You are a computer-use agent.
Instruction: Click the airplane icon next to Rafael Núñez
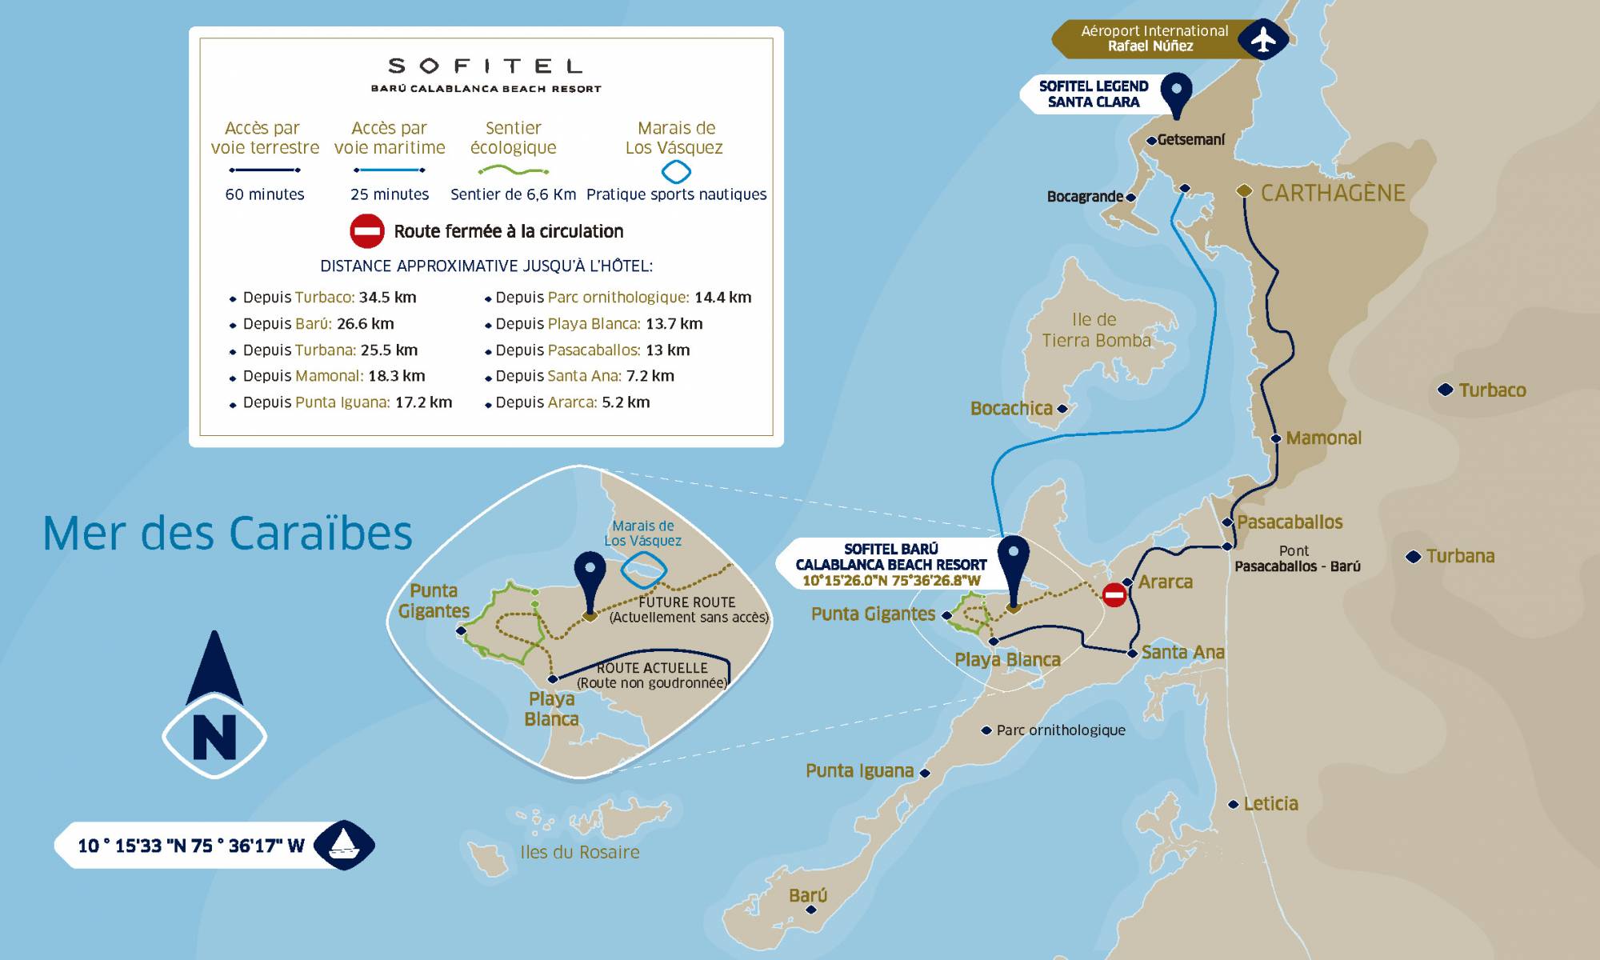click(x=1263, y=38)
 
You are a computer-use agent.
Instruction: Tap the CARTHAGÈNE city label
click(x=1333, y=193)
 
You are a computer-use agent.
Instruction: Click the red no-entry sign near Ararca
click(x=1114, y=594)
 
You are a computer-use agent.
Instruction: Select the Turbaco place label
click(x=1492, y=390)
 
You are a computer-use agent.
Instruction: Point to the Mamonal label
click(x=1323, y=438)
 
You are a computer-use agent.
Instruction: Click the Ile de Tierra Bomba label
click(x=1095, y=330)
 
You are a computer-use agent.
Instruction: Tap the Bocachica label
click(x=1011, y=409)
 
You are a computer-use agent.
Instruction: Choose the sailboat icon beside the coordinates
click(x=344, y=844)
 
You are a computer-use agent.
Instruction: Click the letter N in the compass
click(x=214, y=737)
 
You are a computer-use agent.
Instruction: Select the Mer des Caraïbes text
click(x=227, y=534)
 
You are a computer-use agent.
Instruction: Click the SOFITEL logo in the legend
click(x=486, y=66)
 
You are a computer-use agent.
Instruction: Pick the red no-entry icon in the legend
click(x=367, y=231)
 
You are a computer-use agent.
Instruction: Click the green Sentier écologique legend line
click(x=513, y=170)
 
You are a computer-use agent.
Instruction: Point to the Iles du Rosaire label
click(x=579, y=853)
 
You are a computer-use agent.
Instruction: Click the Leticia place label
click(x=1270, y=804)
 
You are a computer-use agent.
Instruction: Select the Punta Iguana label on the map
click(x=859, y=771)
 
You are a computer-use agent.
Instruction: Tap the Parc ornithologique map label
click(x=1060, y=730)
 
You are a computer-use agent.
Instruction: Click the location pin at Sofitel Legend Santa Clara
click(x=1176, y=92)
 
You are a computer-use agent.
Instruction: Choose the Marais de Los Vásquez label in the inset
click(x=643, y=533)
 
